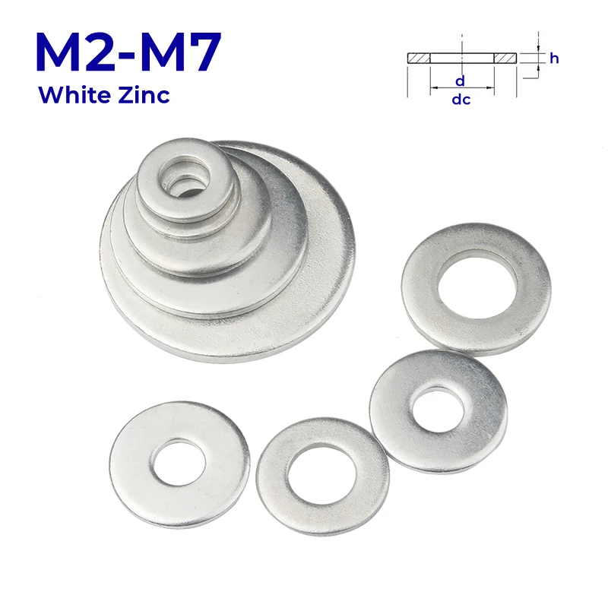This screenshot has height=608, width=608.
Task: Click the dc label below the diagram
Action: tap(461, 100)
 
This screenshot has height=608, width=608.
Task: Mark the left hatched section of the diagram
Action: tap(419, 58)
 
